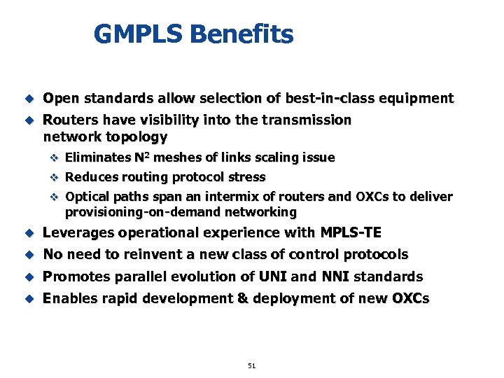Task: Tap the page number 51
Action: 252,365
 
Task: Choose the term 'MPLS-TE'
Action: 351,232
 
